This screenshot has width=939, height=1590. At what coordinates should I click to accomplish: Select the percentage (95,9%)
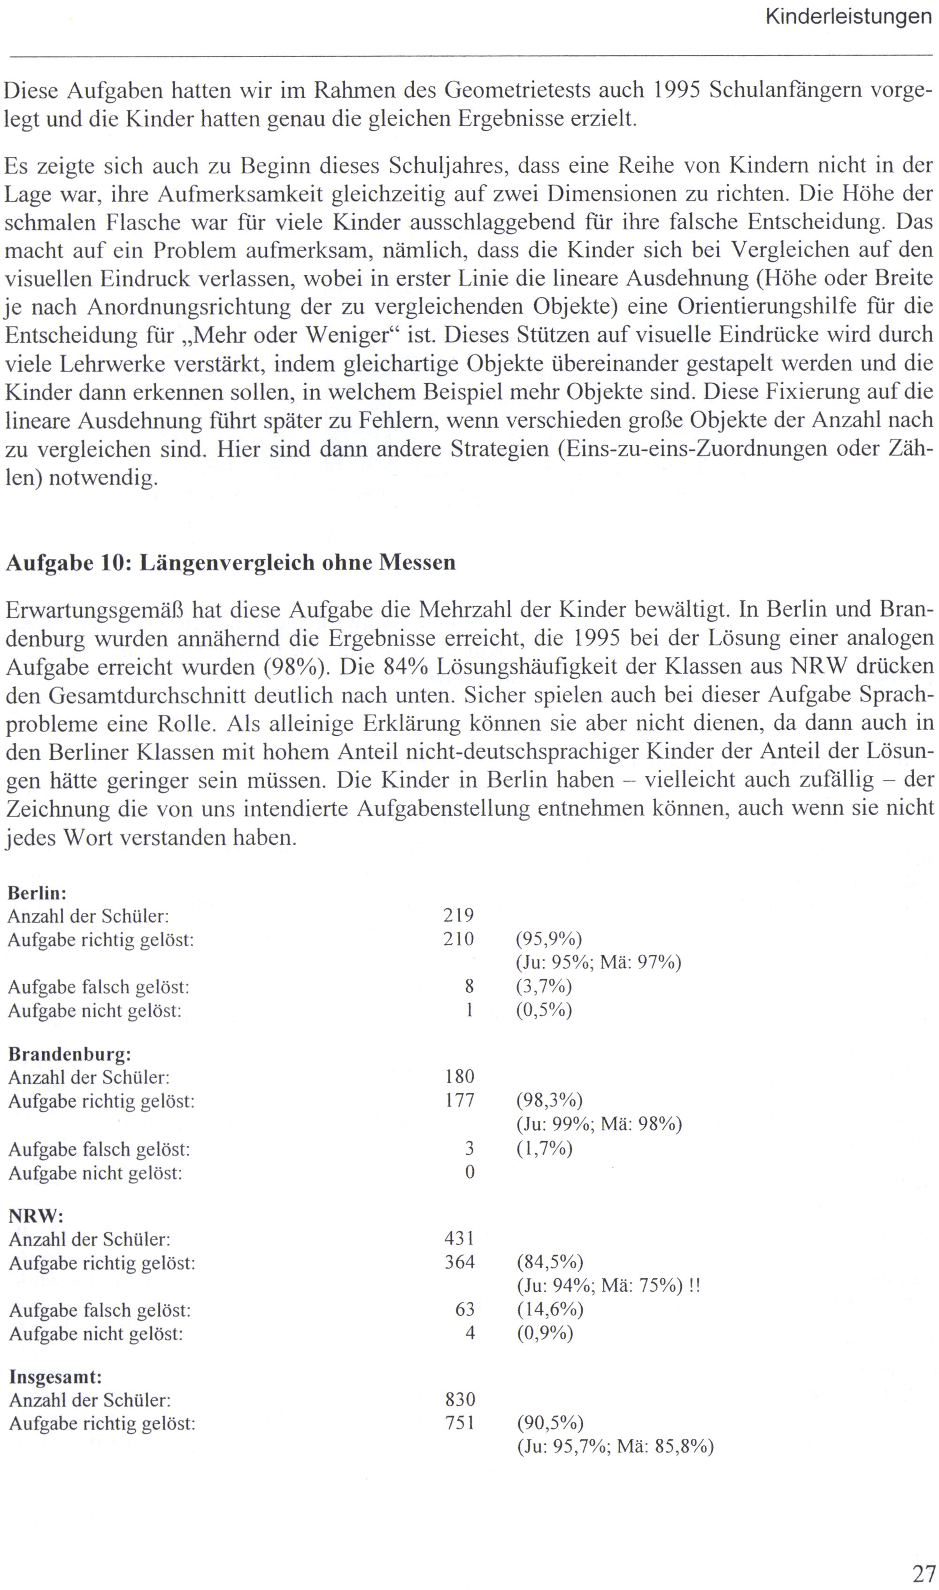tap(548, 939)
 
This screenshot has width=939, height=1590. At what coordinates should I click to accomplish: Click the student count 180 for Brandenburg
tap(459, 1077)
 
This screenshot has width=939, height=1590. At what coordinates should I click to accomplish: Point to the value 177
tap(459, 1101)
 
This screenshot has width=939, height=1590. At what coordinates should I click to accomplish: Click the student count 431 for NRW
tap(459, 1238)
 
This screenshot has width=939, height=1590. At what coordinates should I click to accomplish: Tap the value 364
tap(459, 1262)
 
